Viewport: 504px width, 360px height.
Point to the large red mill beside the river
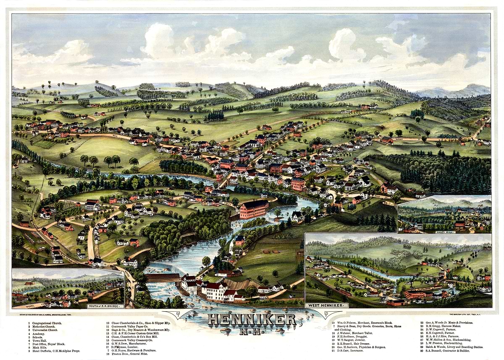point(254,209)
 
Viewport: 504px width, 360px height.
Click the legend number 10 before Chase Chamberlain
point(108,323)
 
